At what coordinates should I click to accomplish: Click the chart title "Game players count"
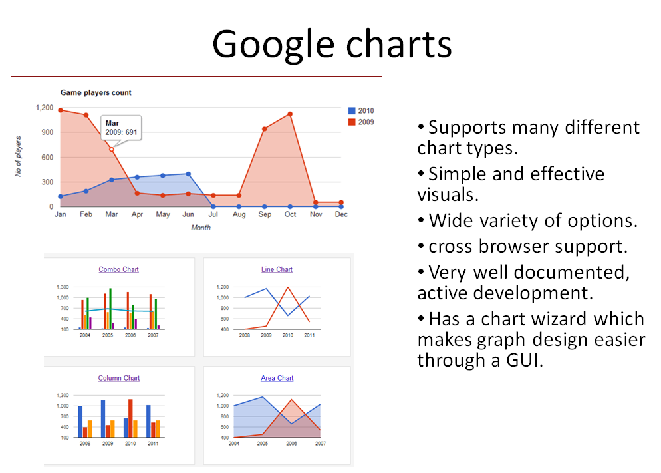tap(96, 93)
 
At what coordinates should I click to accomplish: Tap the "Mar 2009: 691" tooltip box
tap(122, 128)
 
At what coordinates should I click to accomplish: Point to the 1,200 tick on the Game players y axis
tap(45, 108)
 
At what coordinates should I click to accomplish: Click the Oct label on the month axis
tap(290, 215)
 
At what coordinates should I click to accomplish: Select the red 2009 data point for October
tap(290, 114)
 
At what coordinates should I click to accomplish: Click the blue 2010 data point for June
tap(188, 174)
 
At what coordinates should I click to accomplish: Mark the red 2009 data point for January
tap(61, 110)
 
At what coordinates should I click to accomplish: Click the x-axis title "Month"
tap(201, 228)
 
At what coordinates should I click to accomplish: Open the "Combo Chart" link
tap(118, 270)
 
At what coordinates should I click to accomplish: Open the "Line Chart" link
tap(277, 270)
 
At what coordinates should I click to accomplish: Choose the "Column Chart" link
tap(119, 379)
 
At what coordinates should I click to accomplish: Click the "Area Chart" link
tap(277, 379)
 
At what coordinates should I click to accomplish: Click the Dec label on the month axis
tap(340, 215)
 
